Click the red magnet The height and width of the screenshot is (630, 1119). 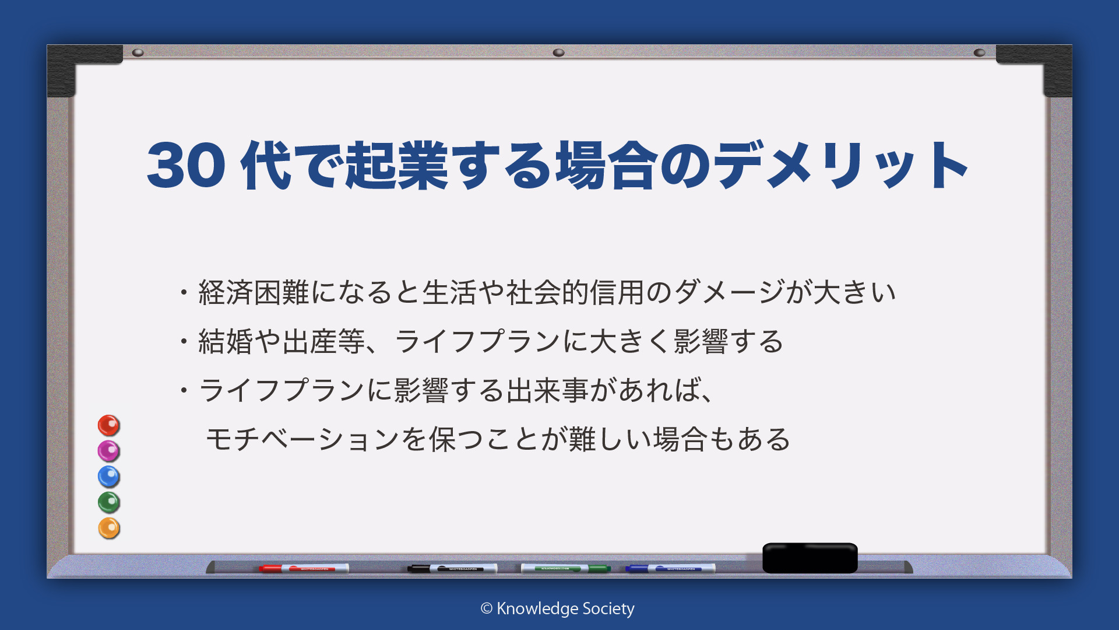[108, 425]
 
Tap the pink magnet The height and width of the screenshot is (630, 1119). [108, 451]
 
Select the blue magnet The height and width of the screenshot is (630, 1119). [108, 477]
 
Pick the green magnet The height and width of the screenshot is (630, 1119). [108, 502]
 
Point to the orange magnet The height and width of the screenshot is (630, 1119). [108, 528]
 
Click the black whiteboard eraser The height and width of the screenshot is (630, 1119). [810, 558]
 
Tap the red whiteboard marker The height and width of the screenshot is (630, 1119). [304, 568]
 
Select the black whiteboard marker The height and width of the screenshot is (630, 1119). [452, 568]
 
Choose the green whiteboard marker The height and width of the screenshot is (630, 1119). [565, 568]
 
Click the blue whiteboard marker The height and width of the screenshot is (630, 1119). [670, 568]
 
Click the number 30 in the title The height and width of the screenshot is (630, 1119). [186, 166]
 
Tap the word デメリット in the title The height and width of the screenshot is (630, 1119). [841, 166]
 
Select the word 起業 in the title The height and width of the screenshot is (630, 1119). [397, 166]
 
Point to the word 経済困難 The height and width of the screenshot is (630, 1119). [254, 292]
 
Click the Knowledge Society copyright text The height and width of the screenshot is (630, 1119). [557, 608]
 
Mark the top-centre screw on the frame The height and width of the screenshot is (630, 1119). [558, 52]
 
